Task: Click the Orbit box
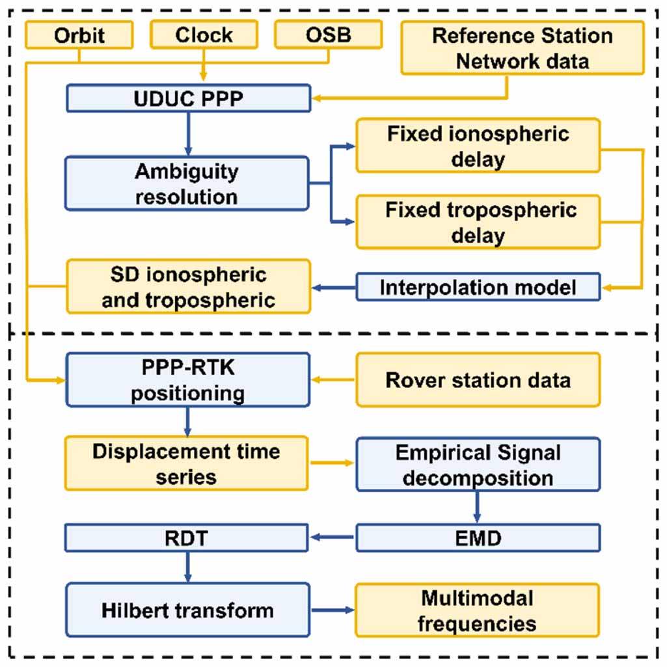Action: (79, 34)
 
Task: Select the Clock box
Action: (204, 34)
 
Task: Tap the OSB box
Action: (328, 34)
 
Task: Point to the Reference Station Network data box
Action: (522, 48)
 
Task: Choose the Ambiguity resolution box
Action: (187, 183)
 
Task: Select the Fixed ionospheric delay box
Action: (478, 145)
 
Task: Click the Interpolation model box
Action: (478, 287)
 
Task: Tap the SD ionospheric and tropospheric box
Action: (187, 286)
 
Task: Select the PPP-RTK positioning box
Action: (187, 380)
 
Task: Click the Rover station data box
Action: (478, 380)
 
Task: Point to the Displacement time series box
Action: (187, 463)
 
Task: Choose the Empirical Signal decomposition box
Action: (478, 463)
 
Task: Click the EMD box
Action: (478, 538)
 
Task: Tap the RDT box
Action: (187, 538)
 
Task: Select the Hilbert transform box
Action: (187, 610)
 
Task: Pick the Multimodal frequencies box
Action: (478, 610)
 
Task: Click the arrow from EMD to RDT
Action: (332, 538)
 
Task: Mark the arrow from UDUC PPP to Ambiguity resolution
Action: (187, 133)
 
